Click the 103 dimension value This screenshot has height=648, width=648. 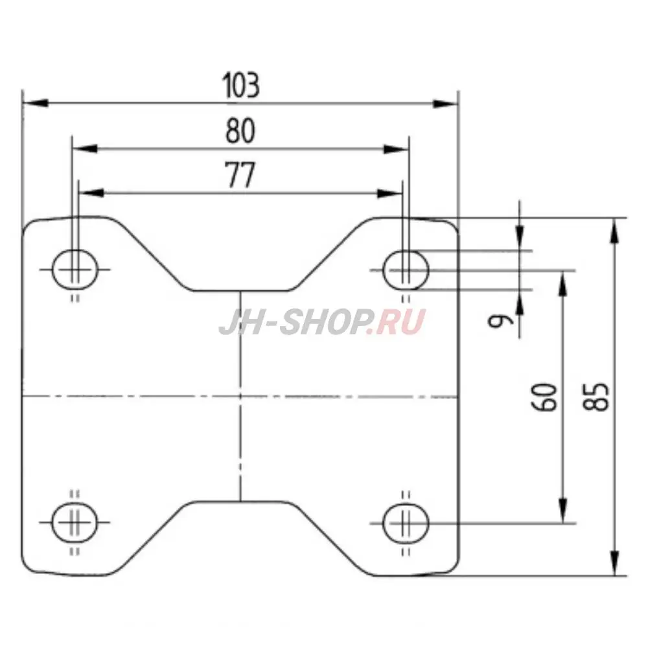click(240, 86)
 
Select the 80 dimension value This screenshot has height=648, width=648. click(240, 132)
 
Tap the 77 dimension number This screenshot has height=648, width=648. click(240, 176)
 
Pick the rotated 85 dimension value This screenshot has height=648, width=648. click(598, 396)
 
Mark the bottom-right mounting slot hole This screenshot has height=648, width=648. click(406, 522)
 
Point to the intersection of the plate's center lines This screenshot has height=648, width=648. click(240, 395)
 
